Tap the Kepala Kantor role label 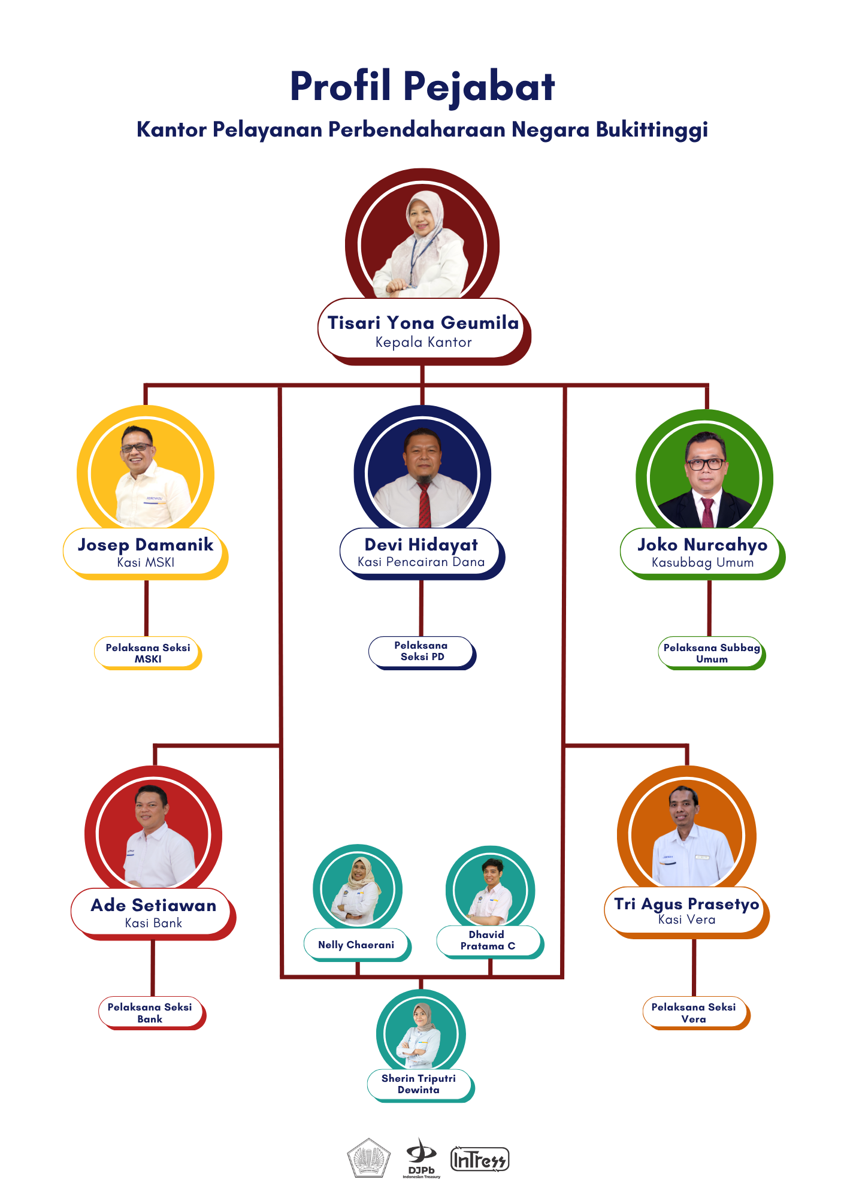click(423, 343)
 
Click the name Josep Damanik click(146, 544)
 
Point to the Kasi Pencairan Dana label click(421, 562)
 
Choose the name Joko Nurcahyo click(702, 545)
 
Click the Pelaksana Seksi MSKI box click(148, 653)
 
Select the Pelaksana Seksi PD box click(422, 652)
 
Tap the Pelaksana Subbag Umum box click(712, 653)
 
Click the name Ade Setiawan click(153, 905)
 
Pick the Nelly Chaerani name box click(358, 945)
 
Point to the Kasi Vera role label click(687, 920)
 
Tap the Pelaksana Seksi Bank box click(152, 1013)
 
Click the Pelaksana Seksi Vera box click(696, 1013)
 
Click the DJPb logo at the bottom click(422, 1158)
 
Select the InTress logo click(480, 1160)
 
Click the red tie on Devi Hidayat click(424, 504)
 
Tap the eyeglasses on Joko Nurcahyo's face click(705, 464)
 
